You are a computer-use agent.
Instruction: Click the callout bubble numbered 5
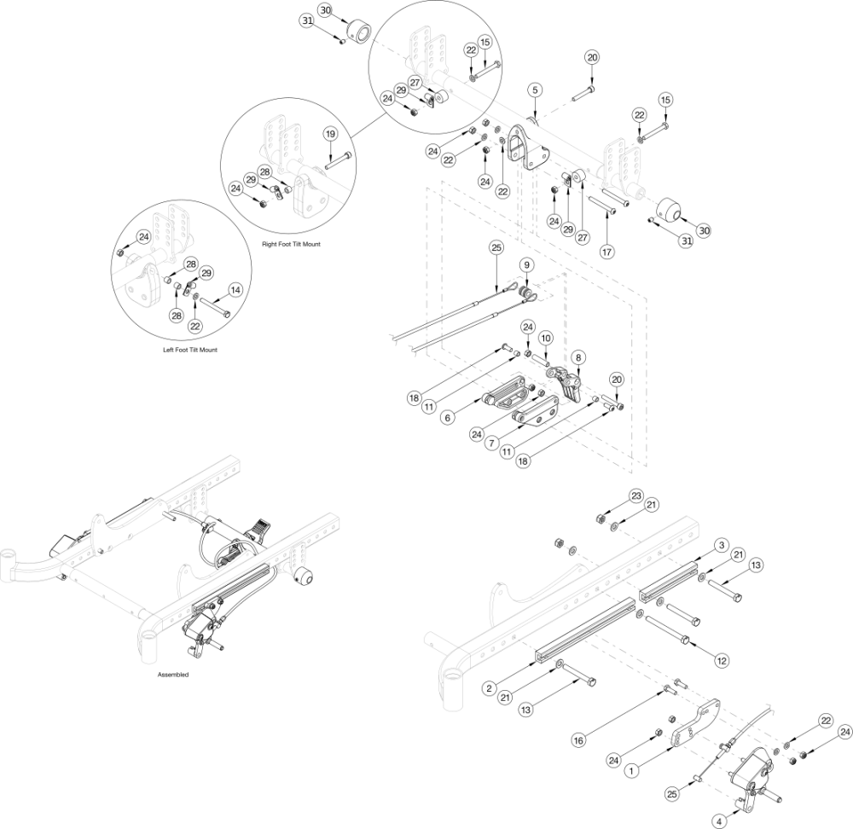pos(534,90)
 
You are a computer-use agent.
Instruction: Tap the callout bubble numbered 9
pos(527,265)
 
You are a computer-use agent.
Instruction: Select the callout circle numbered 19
pos(330,135)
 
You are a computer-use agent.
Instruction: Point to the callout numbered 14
pos(236,290)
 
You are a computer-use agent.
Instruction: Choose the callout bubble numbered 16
pos(578,740)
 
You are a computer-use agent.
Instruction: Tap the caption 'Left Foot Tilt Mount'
pos(189,350)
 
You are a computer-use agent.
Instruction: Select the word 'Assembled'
pos(172,675)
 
